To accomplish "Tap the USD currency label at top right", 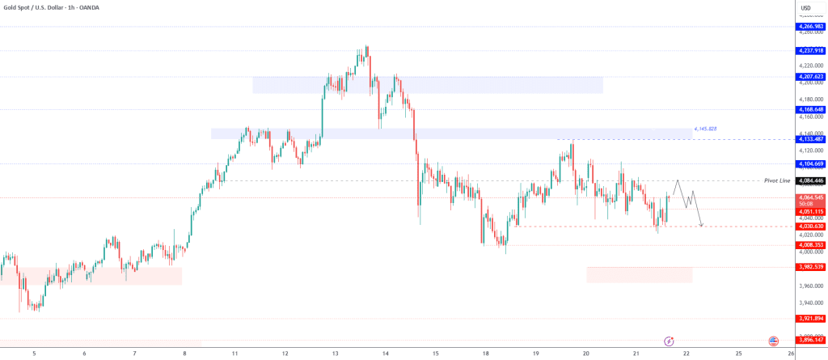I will pos(805,9).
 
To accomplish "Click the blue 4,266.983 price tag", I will pos(810,27).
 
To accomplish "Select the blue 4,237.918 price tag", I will pos(810,51).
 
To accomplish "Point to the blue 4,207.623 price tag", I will pos(810,77).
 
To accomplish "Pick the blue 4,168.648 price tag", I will pos(810,109).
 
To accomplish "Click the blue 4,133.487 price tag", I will pos(810,139).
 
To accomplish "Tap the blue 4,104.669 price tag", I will pos(810,163).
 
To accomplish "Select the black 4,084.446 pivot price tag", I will pos(810,180).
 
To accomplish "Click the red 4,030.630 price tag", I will pos(810,227).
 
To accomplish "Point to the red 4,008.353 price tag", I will pos(810,244).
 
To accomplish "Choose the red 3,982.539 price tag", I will pos(810,267).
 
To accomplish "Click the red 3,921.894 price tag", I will pos(810,318).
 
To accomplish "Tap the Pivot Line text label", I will pos(776,180).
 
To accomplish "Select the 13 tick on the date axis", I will pos(335,354).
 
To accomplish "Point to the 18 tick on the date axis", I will pos(485,354).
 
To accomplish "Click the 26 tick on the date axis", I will pos(790,354).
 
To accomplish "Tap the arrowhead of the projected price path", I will pos(702,225).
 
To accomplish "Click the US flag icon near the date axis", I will pos(773,341).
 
